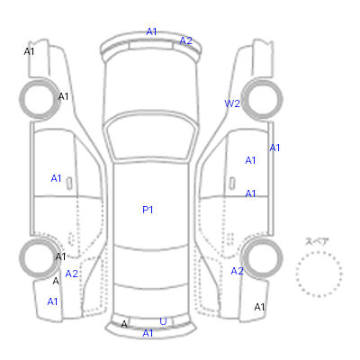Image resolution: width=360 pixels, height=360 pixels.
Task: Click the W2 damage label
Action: pyautogui.click(x=232, y=103)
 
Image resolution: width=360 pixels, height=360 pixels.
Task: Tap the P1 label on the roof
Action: pyautogui.click(x=148, y=210)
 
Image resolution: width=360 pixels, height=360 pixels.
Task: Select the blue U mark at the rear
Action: pyautogui.click(x=163, y=321)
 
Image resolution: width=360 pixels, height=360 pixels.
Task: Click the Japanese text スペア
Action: pyautogui.click(x=317, y=241)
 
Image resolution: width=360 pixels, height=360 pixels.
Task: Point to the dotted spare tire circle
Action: pyautogui.click(x=319, y=252)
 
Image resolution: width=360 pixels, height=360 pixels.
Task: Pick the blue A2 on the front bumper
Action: pyautogui.click(x=185, y=40)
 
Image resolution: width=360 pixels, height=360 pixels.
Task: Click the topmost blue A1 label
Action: pyautogui.click(x=151, y=31)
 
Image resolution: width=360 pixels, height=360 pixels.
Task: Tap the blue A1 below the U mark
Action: pyautogui.click(x=148, y=333)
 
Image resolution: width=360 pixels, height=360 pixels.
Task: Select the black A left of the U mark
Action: pyautogui.click(x=124, y=324)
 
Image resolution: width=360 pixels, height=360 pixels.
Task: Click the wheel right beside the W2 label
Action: pyautogui.click(x=262, y=99)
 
